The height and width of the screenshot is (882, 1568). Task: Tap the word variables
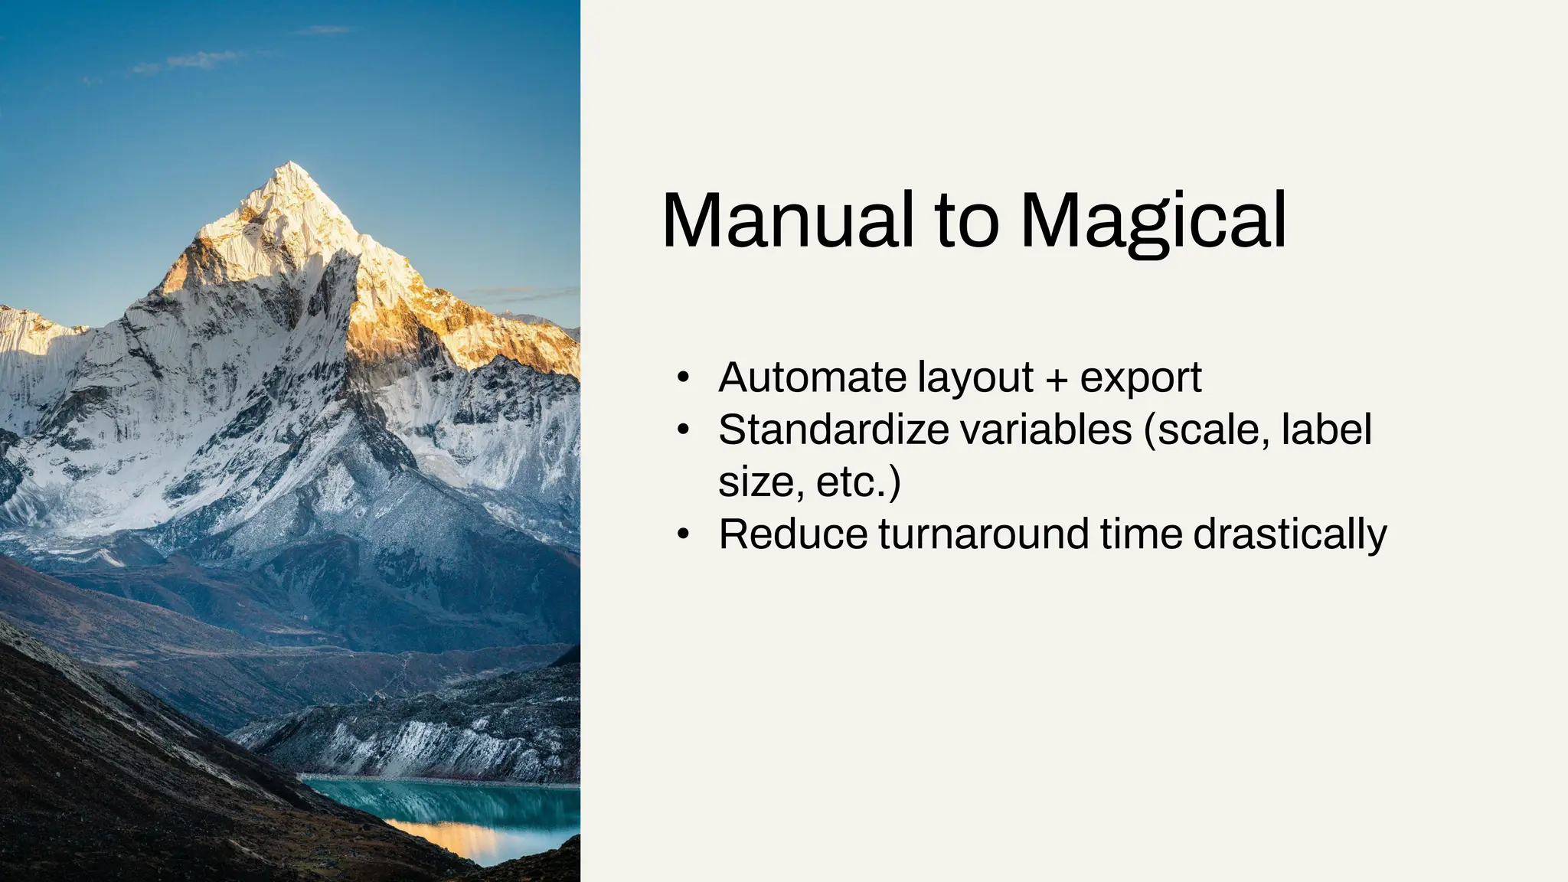[x=1046, y=430]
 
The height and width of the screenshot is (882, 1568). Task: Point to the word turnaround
[x=983, y=534]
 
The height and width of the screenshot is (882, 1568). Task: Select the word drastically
[x=1290, y=534]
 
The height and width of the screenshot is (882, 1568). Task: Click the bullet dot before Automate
[x=684, y=378]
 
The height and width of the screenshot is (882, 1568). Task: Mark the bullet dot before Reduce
[x=684, y=534]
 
